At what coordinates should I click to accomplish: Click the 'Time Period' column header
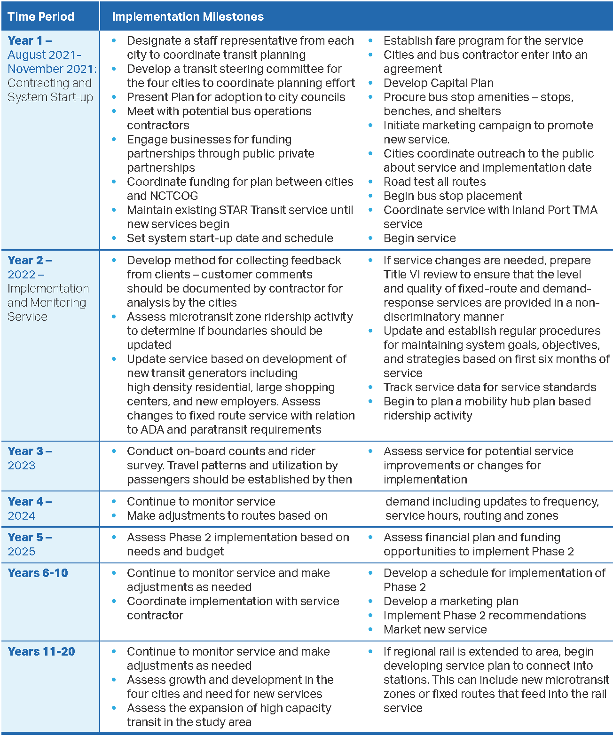[x=41, y=16]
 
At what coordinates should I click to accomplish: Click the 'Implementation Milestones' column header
[x=188, y=16]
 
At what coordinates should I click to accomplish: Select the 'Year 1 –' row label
[x=30, y=41]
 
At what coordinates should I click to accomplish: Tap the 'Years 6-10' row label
[x=38, y=573]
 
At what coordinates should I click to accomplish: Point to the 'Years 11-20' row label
[x=41, y=652]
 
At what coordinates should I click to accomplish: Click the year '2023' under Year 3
[x=22, y=466]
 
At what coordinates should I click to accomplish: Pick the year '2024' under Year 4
[x=22, y=516]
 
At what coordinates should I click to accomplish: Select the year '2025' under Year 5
[x=22, y=552]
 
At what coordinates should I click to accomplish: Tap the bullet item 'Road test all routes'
[x=434, y=182]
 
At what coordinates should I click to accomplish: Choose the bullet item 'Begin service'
[x=419, y=238]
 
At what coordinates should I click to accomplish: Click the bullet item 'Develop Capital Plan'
[x=438, y=83]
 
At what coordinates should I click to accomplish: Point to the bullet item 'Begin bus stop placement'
[x=453, y=196]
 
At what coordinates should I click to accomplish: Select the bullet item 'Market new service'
[x=435, y=630]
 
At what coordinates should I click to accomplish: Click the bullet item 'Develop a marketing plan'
[x=451, y=601]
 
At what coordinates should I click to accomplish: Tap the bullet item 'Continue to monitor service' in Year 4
[x=201, y=502]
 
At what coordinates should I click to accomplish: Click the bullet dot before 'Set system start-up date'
[x=114, y=238]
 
